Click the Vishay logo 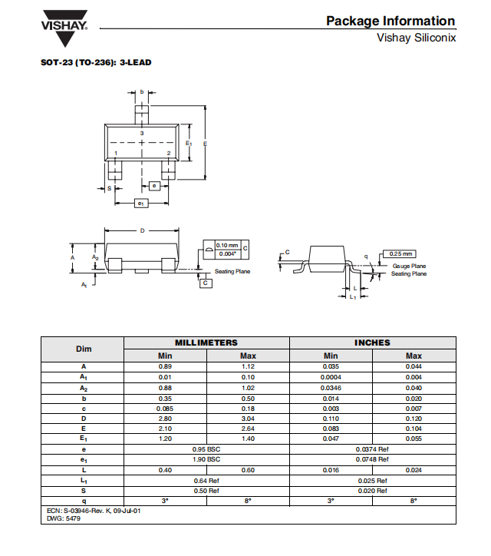tap(64, 28)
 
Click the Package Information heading tap(390, 21)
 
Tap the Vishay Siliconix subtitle tap(416, 38)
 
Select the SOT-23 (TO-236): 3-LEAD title tap(96, 62)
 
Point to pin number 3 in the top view tap(142, 134)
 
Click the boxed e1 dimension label tap(141, 204)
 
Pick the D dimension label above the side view tap(143, 231)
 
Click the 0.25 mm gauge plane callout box tap(400, 254)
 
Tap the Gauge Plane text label tap(409, 266)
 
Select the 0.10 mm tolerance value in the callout tap(227, 246)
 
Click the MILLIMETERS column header tap(206, 343)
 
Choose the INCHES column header tap(372, 343)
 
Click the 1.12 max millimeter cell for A tap(248, 366)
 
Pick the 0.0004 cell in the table tap(331, 377)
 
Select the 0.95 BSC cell tap(206, 449)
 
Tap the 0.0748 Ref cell tap(372, 459)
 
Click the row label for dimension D tap(84, 419)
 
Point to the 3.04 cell tap(248, 419)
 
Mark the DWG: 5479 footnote tap(64, 518)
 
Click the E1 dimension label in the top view tap(189, 144)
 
